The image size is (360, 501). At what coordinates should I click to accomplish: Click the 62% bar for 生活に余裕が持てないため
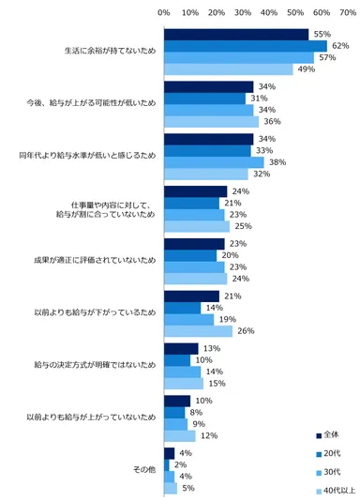(x=245, y=46)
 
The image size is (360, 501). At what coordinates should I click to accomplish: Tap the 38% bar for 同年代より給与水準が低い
(x=213, y=161)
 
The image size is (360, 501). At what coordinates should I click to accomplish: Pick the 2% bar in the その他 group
(x=166, y=463)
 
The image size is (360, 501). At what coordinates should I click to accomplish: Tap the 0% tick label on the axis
(x=164, y=12)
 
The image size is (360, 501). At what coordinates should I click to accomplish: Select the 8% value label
(x=194, y=412)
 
